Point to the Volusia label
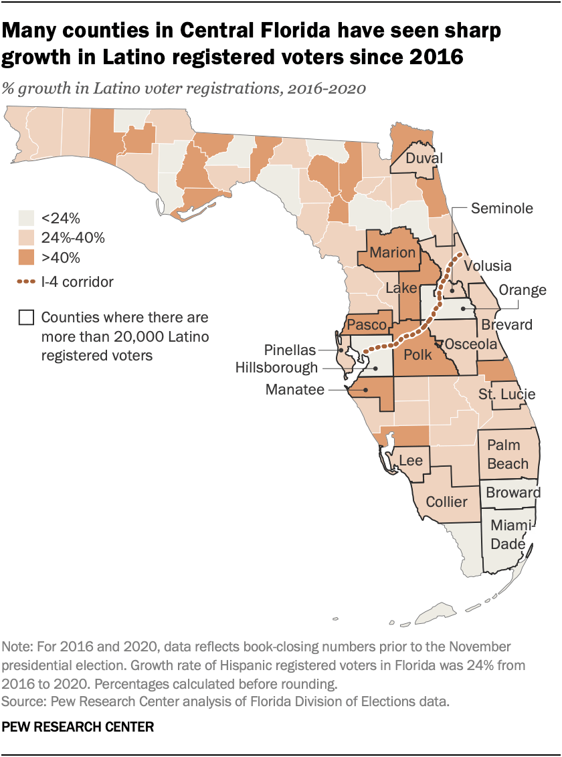pyautogui.click(x=487, y=265)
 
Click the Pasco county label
pyautogui.click(x=367, y=325)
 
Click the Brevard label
pyautogui.click(x=507, y=325)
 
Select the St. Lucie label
pyautogui.click(x=506, y=394)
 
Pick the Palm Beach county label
pyautogui.click(x=508, y=454)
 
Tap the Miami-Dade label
pyautogui.click(x=508, y=534)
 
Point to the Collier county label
pyautogui.click(x=446, y=502)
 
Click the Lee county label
pyautogui.click(x=410, y=461)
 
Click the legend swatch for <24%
pyautogui.click(x=26, y=218)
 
